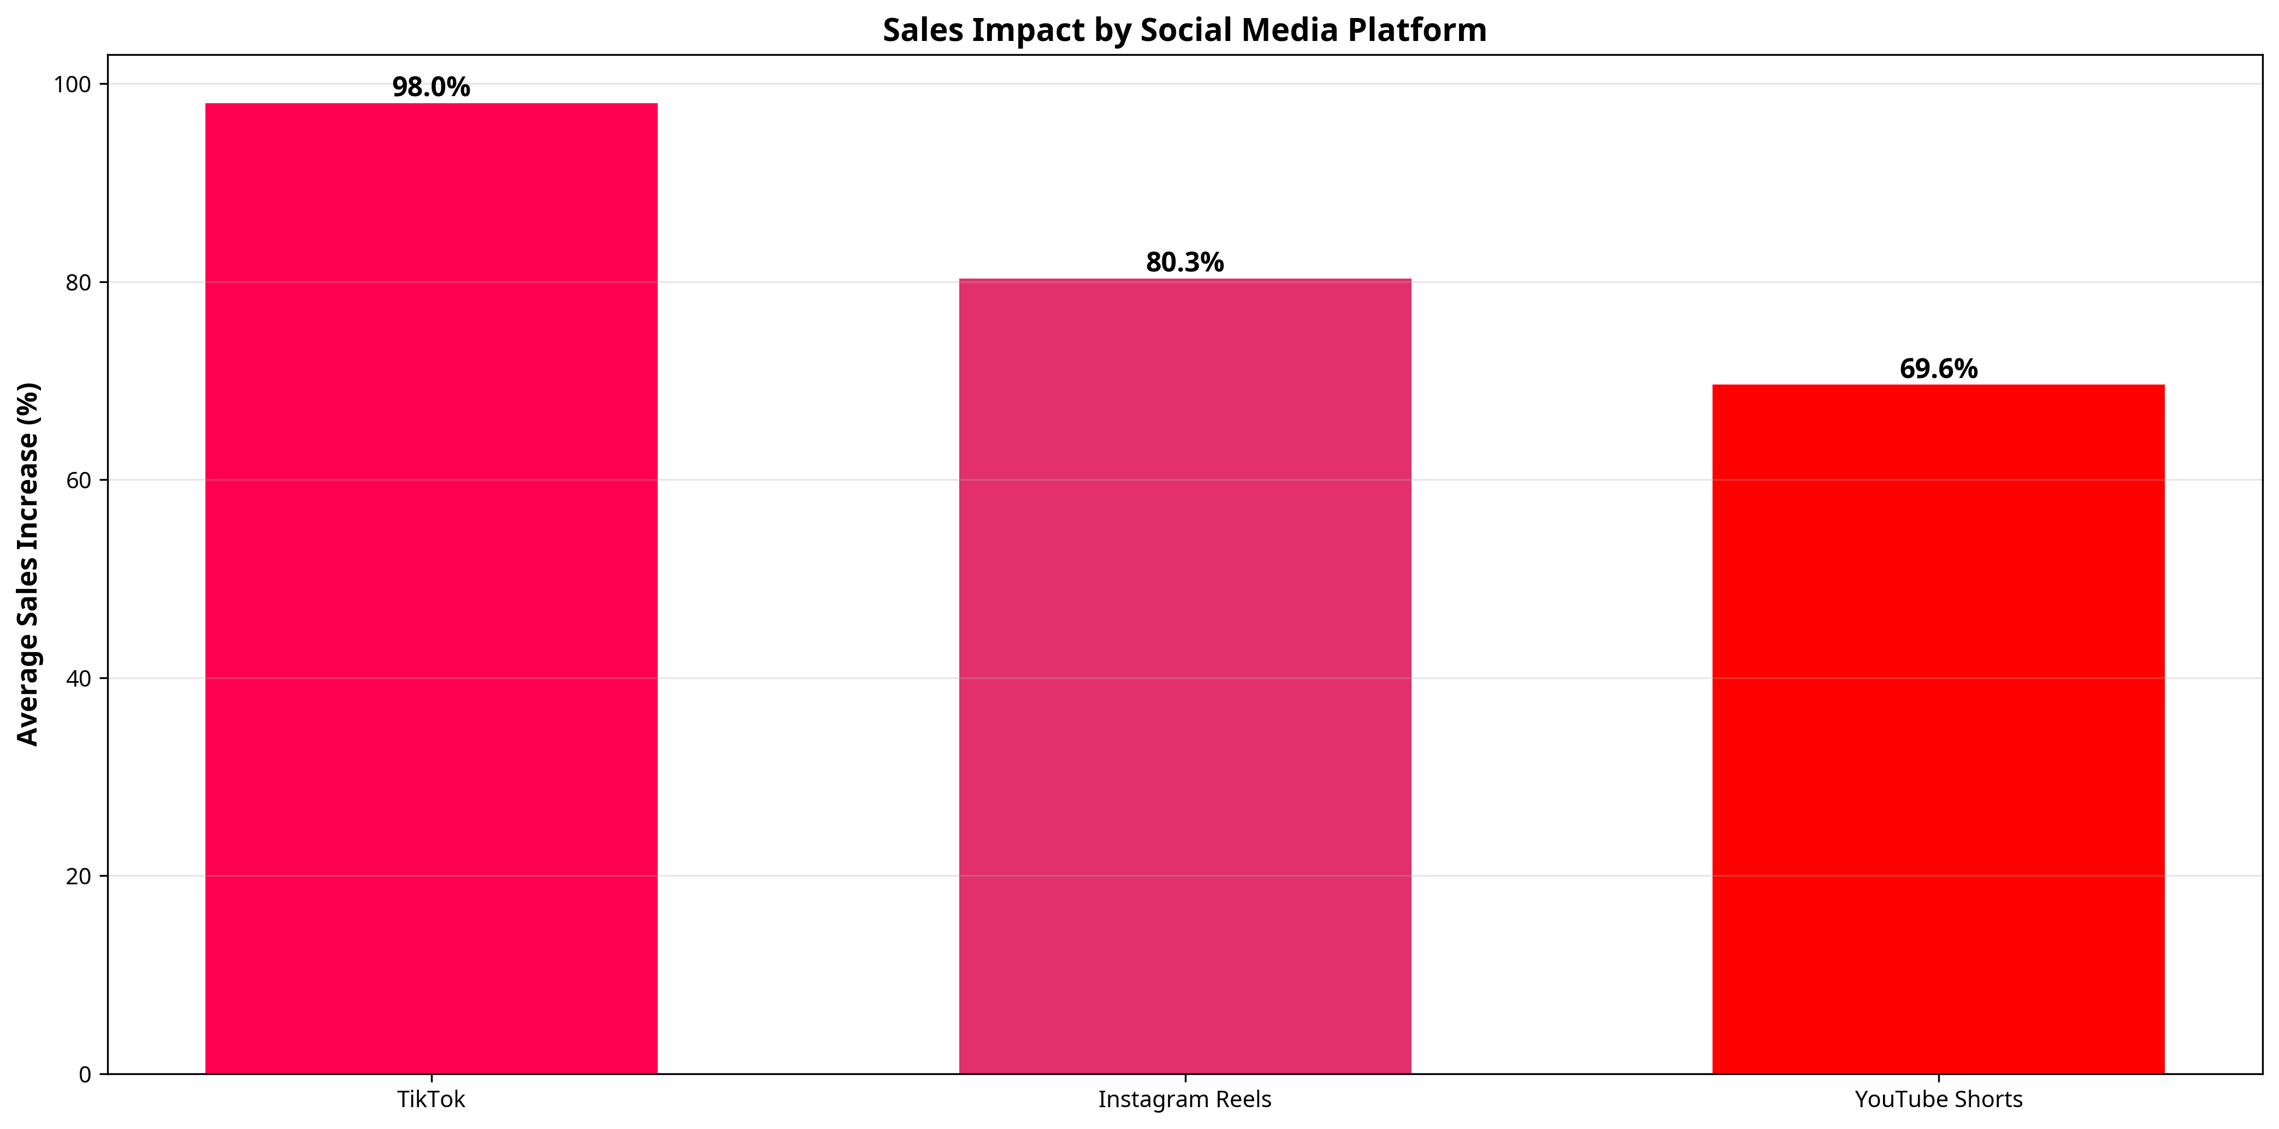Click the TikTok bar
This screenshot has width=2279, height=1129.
coord(431,588)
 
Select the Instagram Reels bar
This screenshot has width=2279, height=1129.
coord(1185,677)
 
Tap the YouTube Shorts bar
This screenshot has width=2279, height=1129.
coord(1938,729)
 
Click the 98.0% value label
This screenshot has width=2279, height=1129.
coord(431,87)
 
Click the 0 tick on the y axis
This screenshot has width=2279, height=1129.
coord(85,1074)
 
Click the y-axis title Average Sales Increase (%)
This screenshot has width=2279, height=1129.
coord(28,565)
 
